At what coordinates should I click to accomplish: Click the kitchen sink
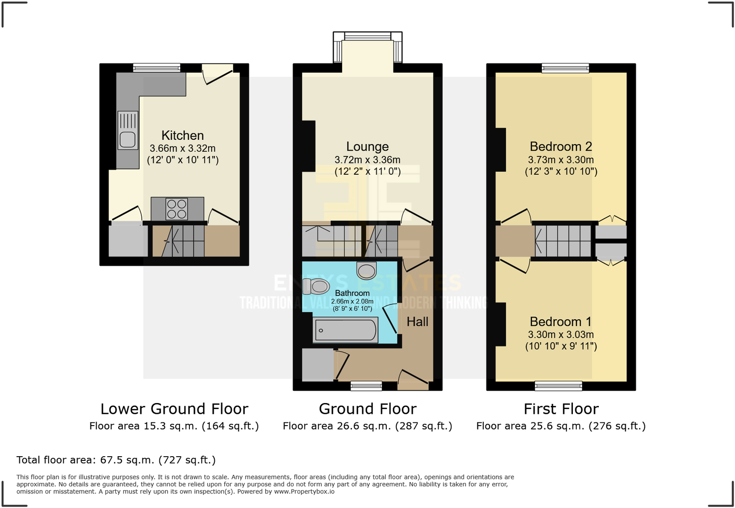[x=128, y=130]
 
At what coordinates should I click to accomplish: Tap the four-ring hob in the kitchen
[x=177, y=209]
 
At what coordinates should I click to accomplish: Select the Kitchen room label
[x=182, y=136]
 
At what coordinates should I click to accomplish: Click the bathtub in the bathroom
[x=345, y=330]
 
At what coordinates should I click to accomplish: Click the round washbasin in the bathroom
[x=367, y=271]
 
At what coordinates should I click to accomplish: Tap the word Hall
[x=417, y=322]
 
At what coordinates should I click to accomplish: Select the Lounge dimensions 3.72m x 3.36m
[x=367, y=160]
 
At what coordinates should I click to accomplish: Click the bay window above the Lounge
[x=367, y=36]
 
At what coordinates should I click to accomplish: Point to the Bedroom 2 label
[x=561, y=146]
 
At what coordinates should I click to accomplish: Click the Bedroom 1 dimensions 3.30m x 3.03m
[x=561, y=335]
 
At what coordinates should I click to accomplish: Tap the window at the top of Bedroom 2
[x=565, y=68]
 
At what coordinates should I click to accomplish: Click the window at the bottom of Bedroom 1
[x=558, y=386]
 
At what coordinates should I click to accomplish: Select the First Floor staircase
[x=563, y=241]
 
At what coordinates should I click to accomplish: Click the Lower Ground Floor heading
[x=174, y=409]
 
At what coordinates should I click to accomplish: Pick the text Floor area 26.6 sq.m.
[x=337, y=427]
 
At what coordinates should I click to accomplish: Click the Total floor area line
[x=116, y=460]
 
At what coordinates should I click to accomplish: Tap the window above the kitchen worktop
[x=156, y=68]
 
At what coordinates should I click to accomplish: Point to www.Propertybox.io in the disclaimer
[x=304, y=492]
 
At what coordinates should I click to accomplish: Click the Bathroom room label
[x=352, y=293]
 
